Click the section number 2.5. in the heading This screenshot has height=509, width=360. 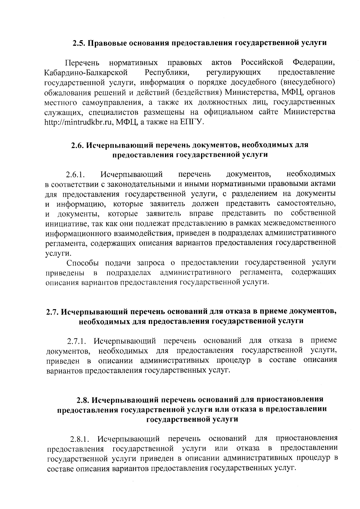click(79, 43)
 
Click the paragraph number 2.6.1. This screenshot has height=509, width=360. click(76, 175)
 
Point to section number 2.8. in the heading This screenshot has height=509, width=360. click(83, 400)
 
